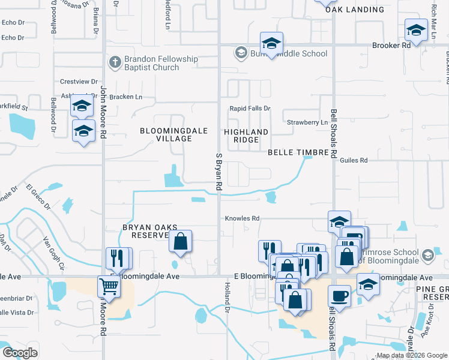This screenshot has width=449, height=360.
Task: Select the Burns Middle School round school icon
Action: pos(240,53)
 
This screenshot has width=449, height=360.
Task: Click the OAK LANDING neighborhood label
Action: pos(354,10)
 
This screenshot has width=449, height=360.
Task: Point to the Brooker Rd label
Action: pos(391,45)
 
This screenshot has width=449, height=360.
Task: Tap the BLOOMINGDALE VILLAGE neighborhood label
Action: pos(166,134)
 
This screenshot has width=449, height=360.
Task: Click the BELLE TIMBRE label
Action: pos(298,153)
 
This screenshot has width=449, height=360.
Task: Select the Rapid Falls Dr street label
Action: pos(250,109)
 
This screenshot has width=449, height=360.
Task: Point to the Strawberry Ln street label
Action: pos(307,122)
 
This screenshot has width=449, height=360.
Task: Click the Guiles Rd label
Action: pos(353,161)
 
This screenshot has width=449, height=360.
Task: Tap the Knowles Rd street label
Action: pos(242,218)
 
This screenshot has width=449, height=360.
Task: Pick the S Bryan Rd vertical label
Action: pos(219,172)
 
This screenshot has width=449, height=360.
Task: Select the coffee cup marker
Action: pos(339,296)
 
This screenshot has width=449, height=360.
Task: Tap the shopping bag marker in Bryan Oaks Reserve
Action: pos(180,241)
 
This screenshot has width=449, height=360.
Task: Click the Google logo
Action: pos(19,353)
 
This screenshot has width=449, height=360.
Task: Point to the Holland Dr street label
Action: pos(228,298)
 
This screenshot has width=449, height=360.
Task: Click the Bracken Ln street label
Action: pos(129,97)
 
